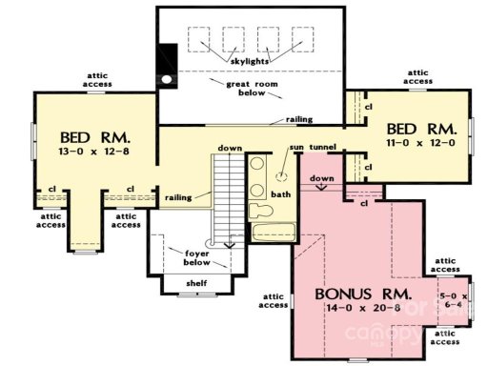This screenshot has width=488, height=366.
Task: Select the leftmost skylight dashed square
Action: tap(200, 39)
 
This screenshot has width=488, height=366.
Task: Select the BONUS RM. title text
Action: tap(363, 293)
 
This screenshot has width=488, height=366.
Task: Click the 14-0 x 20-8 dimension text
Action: tap(364, 309)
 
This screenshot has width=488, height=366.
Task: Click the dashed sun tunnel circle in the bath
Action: tap(281, 177)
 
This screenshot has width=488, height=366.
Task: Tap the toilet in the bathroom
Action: tap(258, 210)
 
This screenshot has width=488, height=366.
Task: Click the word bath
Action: tap(280, 193)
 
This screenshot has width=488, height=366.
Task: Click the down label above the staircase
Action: tap(229, 149)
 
